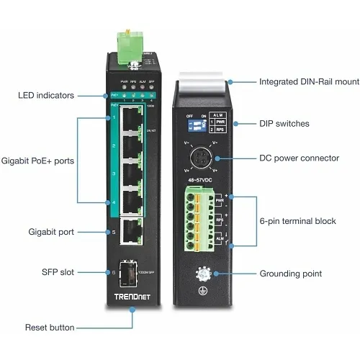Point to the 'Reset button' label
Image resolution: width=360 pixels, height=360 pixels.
point(50,328)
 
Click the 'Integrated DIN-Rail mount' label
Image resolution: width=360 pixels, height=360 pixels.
point(310,81)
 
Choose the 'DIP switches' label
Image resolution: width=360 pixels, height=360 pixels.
point(284,124)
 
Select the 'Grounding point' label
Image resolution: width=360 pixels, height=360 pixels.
point(291,274)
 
